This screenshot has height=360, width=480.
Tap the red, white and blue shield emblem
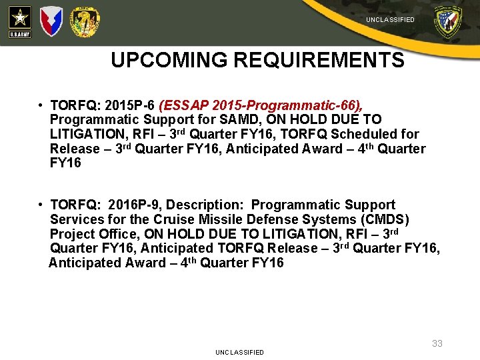tap(51, 21)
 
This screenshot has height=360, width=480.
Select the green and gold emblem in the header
tap(85, 21)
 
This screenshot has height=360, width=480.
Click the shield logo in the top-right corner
tap(447, 22)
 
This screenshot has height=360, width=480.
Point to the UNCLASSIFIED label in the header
tap(390, 20)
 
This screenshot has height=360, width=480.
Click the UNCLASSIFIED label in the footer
tap(239, 352)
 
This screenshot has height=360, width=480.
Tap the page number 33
tap(437, 343)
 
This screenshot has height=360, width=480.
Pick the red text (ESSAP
tap(182, 105)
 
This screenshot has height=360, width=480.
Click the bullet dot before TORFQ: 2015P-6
tap(41, 106)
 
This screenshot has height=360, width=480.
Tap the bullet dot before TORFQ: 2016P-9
tap(41, 205)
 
